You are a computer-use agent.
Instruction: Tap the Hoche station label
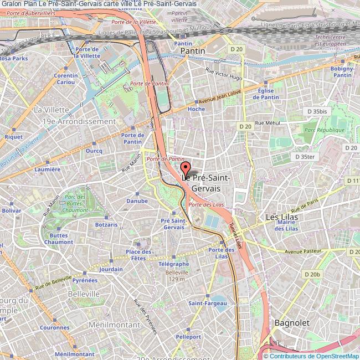pyautogui.click(x=196, y=109)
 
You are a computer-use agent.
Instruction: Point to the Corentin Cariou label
pyautogui.click(x=65, y=79)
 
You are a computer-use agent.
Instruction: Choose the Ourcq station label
pyautogui.click(x=94, y=150)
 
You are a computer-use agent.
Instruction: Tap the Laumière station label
pyautogui.click(x=47, y=169)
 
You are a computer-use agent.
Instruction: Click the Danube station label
pyautogui.click(x=137, y=200)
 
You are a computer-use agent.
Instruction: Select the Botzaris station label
pyautogui.click(x=106, y=225)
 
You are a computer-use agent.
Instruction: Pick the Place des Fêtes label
pyautogui.click(x=138, y=255)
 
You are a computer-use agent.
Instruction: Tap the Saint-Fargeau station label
pyautogui.click(x=207, y=303)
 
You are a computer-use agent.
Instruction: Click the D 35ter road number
pyautogui.click(x=305, y=157)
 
